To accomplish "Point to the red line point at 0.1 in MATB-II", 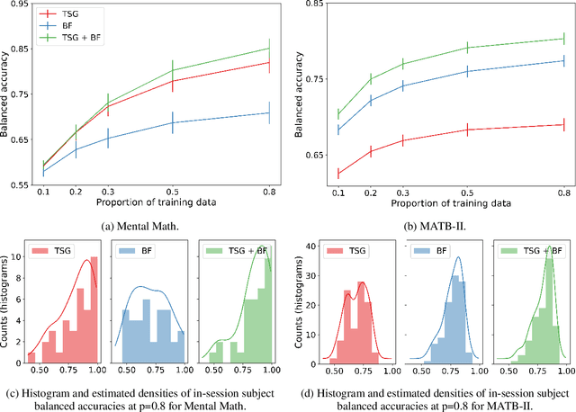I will (x=338, y=174).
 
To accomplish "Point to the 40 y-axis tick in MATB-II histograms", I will (x=311, y=245).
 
